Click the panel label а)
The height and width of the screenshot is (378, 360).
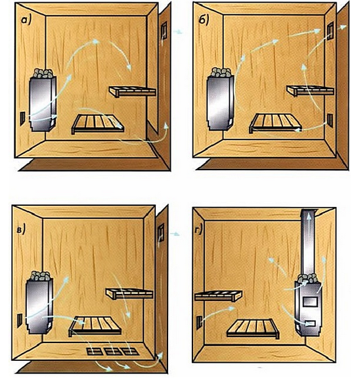pyautogui.click(x=26, y=20)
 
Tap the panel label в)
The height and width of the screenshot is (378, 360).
pyautogui.click(x=21, y=230)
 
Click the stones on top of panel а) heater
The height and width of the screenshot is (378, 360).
pyautogui.click(x=43, y=73)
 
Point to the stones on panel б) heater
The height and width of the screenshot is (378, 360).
pyautogui.click(x=221, y=72)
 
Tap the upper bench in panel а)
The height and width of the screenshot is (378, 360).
pyautogui.click(x=133, y=91)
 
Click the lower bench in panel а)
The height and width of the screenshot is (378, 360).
pyautogui.click(x=98, y=124)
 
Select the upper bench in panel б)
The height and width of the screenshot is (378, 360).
pyautogui.click(x=310, y=91)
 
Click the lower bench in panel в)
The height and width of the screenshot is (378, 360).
pyautogui.click(x=95, y=326)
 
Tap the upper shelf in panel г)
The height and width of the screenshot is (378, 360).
pyautogui.click(x=218, y=296)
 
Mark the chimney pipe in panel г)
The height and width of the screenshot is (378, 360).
pyautogui.click(x=309, y=243)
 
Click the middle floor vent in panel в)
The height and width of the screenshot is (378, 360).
pyautogui.click(x=113, y=351)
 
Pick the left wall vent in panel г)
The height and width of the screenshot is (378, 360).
pyautogui.click(x=199, y=323)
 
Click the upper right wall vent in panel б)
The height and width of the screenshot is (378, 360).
pyautogui.click(x=330, y=31)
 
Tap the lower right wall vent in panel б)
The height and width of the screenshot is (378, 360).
pyautogui.click(x=330, y=120)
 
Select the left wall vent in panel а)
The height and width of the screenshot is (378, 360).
pyautogui.click(x=22, y=118)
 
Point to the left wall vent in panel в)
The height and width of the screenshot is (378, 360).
pyautogui.click(x=20, y=320)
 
